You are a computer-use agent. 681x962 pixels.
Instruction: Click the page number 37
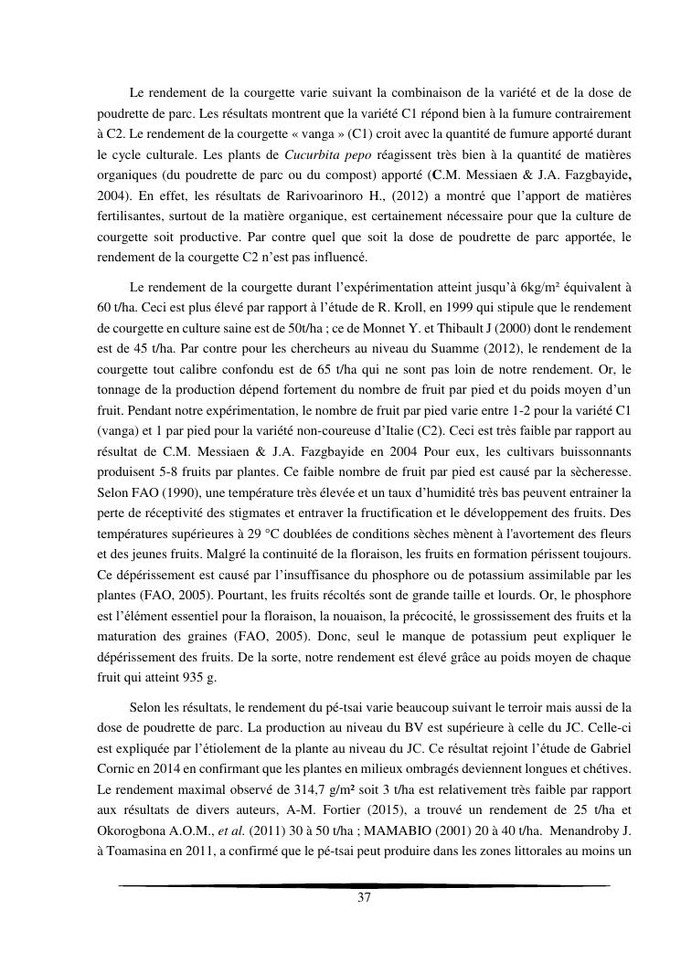(x=364, y=898)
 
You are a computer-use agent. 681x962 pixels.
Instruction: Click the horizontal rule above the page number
(x=364, y=885)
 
